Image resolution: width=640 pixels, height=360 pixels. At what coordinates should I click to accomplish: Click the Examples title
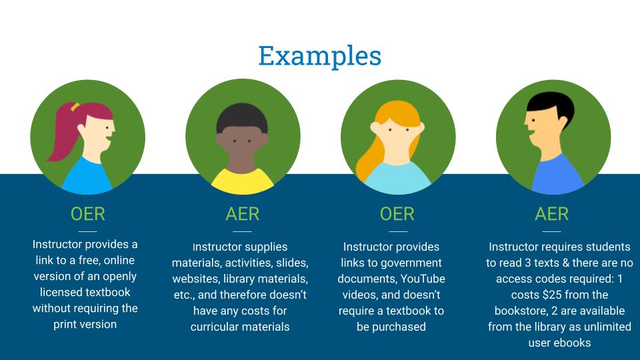pos(320,56)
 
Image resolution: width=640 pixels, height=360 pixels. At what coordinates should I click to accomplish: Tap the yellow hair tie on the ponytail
pos(75,107)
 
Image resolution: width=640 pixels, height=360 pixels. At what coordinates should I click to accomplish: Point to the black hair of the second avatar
pos(242,117)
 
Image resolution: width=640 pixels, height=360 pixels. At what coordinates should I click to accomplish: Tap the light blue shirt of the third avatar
pos(397,179)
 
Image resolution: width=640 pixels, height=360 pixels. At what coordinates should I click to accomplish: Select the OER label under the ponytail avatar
pos(88,214)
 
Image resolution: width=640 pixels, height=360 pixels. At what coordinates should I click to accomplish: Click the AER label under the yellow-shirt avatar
pos(243,214)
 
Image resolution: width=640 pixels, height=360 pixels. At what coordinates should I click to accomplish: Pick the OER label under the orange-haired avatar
pos(397,214)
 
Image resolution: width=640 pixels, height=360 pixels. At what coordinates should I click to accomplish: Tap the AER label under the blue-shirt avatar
pos(552,214)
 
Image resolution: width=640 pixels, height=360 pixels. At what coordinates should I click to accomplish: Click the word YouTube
pos(423,279)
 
